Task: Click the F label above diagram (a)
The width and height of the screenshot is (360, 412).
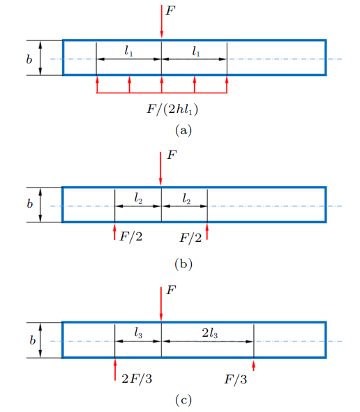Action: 170,10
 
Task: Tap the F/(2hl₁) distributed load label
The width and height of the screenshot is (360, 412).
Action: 172,109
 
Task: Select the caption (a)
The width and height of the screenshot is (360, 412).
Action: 183,130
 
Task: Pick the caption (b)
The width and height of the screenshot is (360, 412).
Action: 183,264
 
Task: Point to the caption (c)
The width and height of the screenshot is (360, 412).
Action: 183,400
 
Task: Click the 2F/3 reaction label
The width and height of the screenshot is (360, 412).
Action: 137,379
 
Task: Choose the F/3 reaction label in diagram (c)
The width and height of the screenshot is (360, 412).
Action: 235,379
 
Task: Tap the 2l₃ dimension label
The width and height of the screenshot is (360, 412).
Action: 209,333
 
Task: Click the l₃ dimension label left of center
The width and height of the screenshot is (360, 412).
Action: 138,333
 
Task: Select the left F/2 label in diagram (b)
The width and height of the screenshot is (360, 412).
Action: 131,237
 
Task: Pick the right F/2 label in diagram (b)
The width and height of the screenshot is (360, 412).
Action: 190,238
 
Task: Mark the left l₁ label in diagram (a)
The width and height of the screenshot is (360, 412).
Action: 128,51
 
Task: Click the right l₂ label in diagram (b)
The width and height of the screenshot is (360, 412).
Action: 186,199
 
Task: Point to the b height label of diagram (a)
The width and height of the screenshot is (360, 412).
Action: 29,59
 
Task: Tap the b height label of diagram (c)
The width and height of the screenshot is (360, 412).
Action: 32,340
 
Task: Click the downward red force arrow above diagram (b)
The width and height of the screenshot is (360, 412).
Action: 160,169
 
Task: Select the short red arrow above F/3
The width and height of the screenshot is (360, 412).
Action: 253,365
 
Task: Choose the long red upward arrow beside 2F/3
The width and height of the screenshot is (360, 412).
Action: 115,369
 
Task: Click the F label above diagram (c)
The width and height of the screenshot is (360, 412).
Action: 171,290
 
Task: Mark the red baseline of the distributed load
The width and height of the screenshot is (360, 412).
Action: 162,93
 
